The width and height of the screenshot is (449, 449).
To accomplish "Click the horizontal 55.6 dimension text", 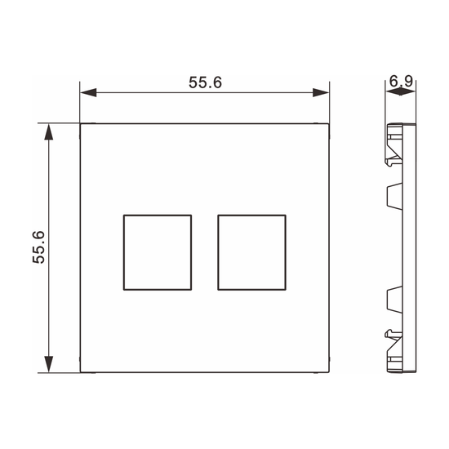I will [206, 82].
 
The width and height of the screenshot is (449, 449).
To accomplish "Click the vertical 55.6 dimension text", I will [39, 247].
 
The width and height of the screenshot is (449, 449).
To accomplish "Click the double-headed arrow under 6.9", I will [399, 93].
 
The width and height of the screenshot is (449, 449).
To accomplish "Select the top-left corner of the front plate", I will [80, 123].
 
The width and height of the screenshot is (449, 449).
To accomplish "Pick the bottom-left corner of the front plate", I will [80, 373].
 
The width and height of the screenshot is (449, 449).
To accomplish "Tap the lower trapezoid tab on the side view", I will [392, 300].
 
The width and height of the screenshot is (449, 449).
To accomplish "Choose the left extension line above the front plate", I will [80, 102].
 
